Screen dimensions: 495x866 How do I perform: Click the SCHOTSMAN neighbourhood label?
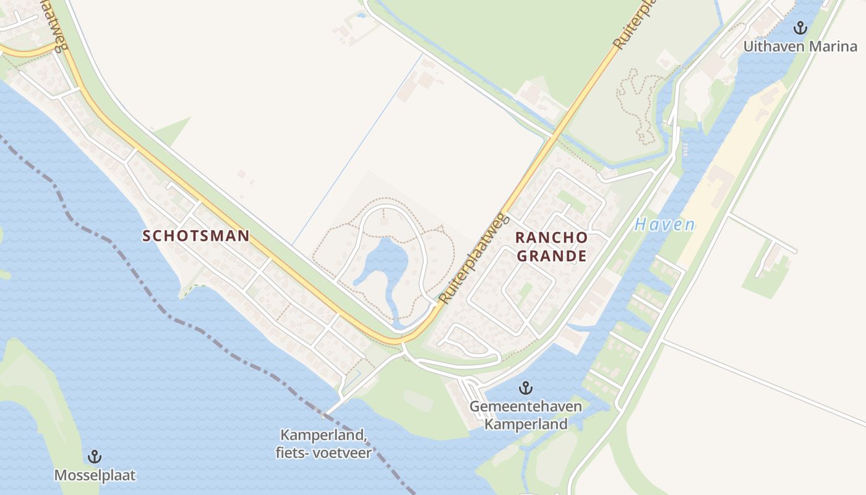pos(196,236)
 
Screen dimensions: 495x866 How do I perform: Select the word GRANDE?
pos(551,256)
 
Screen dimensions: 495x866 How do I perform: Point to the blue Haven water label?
pos(664,225)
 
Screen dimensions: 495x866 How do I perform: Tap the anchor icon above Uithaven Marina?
pos(800,28)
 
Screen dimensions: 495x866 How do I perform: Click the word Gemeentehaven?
pos(525,407)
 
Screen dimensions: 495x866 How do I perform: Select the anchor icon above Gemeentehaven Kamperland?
pos(525,389)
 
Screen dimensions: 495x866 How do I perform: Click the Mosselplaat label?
pos(95,475)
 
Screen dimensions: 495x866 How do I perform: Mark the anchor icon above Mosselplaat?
pos(95,457)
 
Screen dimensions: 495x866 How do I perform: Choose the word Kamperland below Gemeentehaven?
pos(525,424)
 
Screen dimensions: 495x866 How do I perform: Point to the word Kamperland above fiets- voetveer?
pos(323,436)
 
